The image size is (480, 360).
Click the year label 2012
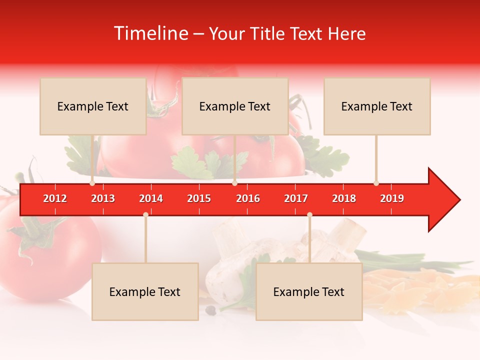pyautogui.click(x=55, y=198)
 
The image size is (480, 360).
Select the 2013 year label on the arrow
pyautogui.click(x=103, y=198)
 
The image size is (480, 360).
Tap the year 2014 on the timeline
pyautogui.click(x=151, y=198)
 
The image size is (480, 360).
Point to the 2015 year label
pyautogui.click(x=199, y=198)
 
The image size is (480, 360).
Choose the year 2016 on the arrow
pyautogui.click(x=248, y=198)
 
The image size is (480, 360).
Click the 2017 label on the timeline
pyautogui.click(x=296, y=198)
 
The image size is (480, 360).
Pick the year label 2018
pyautogui.click(x=344, y=198)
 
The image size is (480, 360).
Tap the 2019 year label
pyautogui.click(x=392, y=198)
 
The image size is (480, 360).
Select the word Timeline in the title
pyautogui.click(x=150, y=33)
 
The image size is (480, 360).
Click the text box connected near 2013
pyautogui.click(x=93, y=106)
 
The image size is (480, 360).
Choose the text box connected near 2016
pyautogui.click(x=235, y=106)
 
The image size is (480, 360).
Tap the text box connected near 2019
pyautogui.click(x=377, y=106)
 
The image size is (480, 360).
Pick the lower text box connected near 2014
pyautogui.click(x=145, y=291)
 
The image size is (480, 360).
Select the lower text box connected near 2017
pyautogui.click(x=309, y=291)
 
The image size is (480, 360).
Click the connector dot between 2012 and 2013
pyautogui.click(x=92, y=183)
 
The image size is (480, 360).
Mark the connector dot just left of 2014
pyautogui.click(x=145, y=214)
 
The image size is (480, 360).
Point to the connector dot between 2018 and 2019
pyautogui.click(x=376, y=183)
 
